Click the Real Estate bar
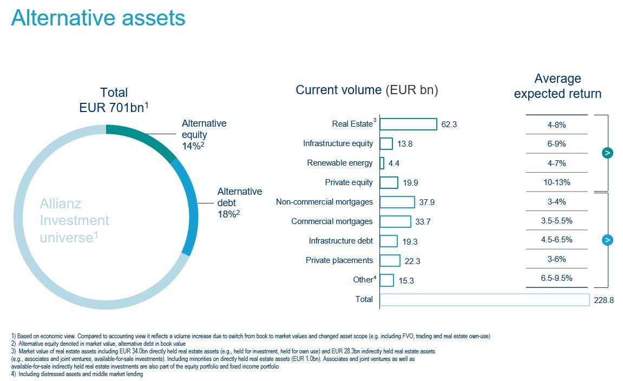(x=408, y=124)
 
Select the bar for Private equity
(x=389, y=183)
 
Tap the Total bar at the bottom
(x=484, y=299)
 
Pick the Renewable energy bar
(x=382, y=163)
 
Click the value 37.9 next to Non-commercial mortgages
(x=427, y=202)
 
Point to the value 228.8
(x=604, y=300)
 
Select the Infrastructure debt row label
(x=341, y=241)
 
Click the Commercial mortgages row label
(x=332, y=221)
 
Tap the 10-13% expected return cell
(x=556, y=182)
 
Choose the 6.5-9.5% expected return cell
(x=556, y=278)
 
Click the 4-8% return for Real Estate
(x=556, y=125)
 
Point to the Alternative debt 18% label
(x=239, y=202)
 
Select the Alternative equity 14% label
(x=204, y=134)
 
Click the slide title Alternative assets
(x=99, y=18)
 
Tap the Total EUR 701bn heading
(x=114, y=100)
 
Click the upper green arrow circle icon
(x=607, y=153)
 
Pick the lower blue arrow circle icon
(x=607, y=240)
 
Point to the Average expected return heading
(x=558, y=86)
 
